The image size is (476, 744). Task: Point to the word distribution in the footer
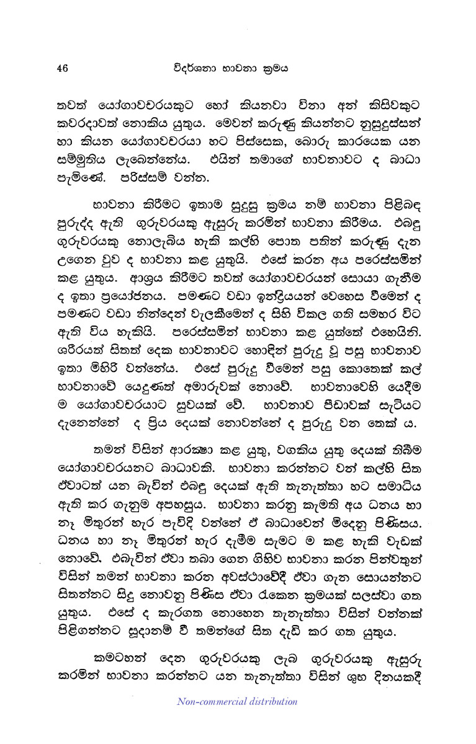coord(272,702)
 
